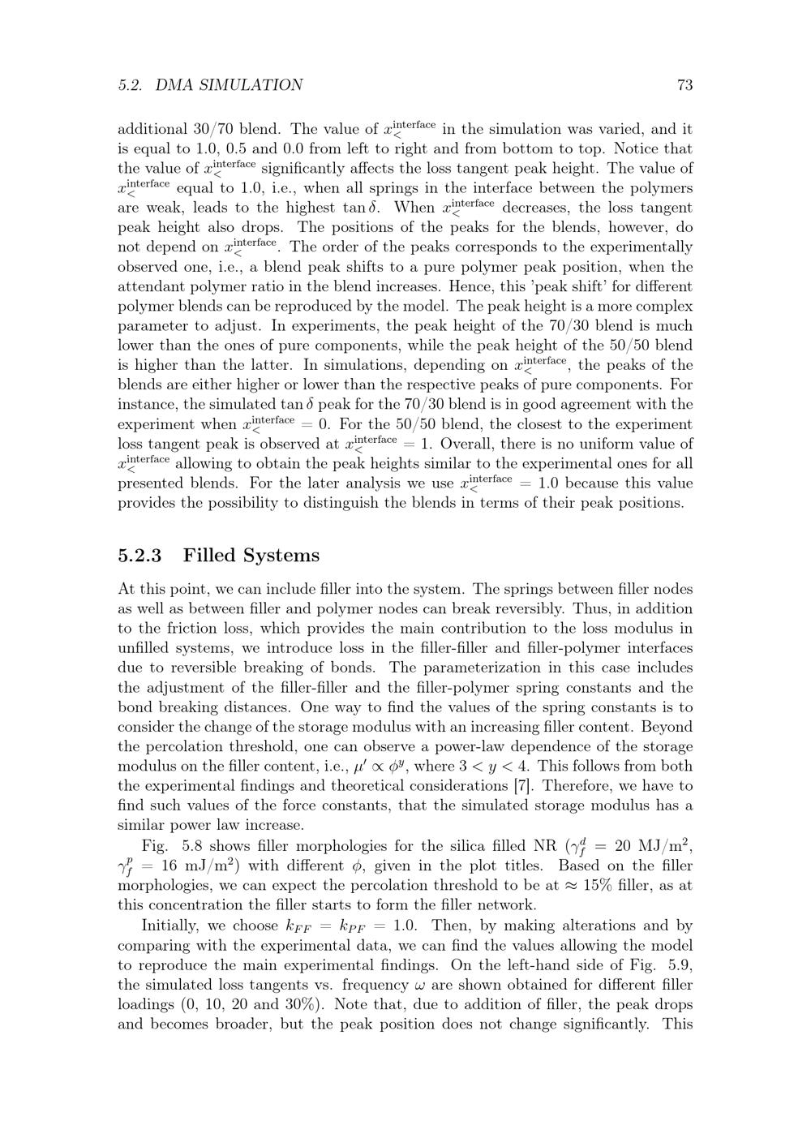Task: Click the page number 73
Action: [684, 85]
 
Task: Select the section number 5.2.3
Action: [139, 556]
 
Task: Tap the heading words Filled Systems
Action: [251, 556]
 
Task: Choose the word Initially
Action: [172, 925]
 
